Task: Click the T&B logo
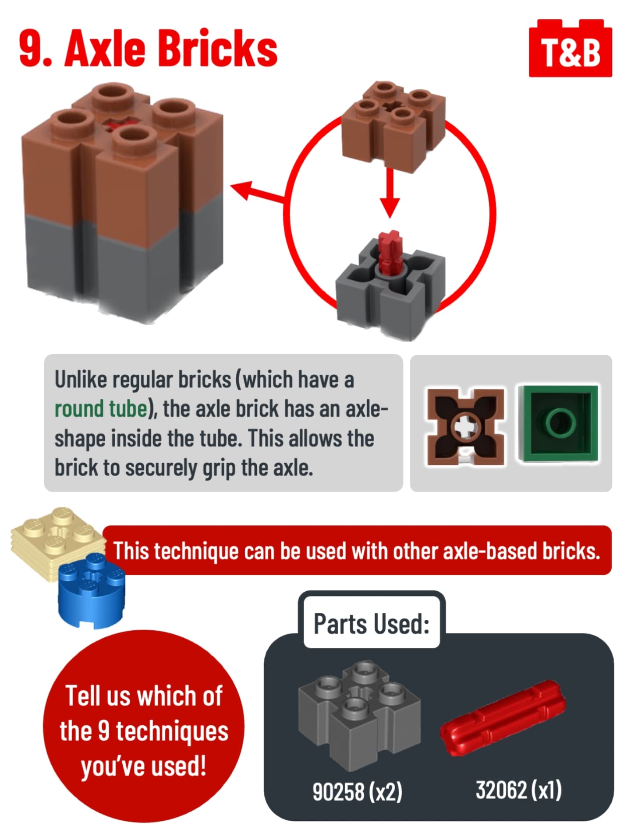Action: [x=570, y=48]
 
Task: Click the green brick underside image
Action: [x=558, y=423]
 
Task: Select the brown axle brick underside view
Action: [x=466, y=426]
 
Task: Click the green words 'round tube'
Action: [x=101, y=409]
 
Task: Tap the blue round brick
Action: [x=92, y=590]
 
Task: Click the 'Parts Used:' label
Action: [x=372, y=624]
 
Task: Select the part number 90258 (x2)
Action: [x=357, y=791]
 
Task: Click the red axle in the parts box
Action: [x=503, y=718]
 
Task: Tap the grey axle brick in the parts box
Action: [x=359, y=716]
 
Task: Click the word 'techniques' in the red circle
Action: [x=172, y=731]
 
